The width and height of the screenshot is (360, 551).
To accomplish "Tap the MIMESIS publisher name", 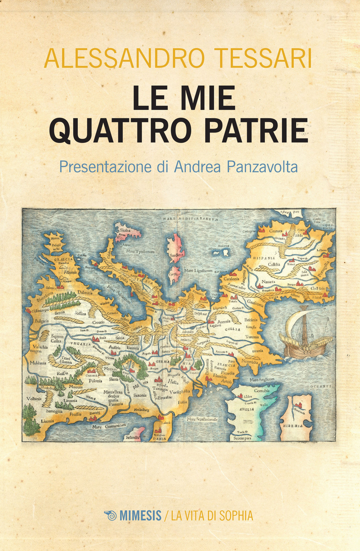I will [x=140, y=516].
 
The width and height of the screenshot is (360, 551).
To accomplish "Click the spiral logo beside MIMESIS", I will [x=111, y=515].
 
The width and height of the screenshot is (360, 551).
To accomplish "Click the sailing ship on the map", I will [x=306, y=333].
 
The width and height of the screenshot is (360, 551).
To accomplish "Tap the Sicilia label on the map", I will [x=125, y=230].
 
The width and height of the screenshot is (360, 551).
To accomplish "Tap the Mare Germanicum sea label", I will [x=109, y=426].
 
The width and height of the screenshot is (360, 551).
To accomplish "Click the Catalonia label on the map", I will [x=231, y=279].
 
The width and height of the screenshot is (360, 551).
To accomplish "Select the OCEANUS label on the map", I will [x=321, y=387].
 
